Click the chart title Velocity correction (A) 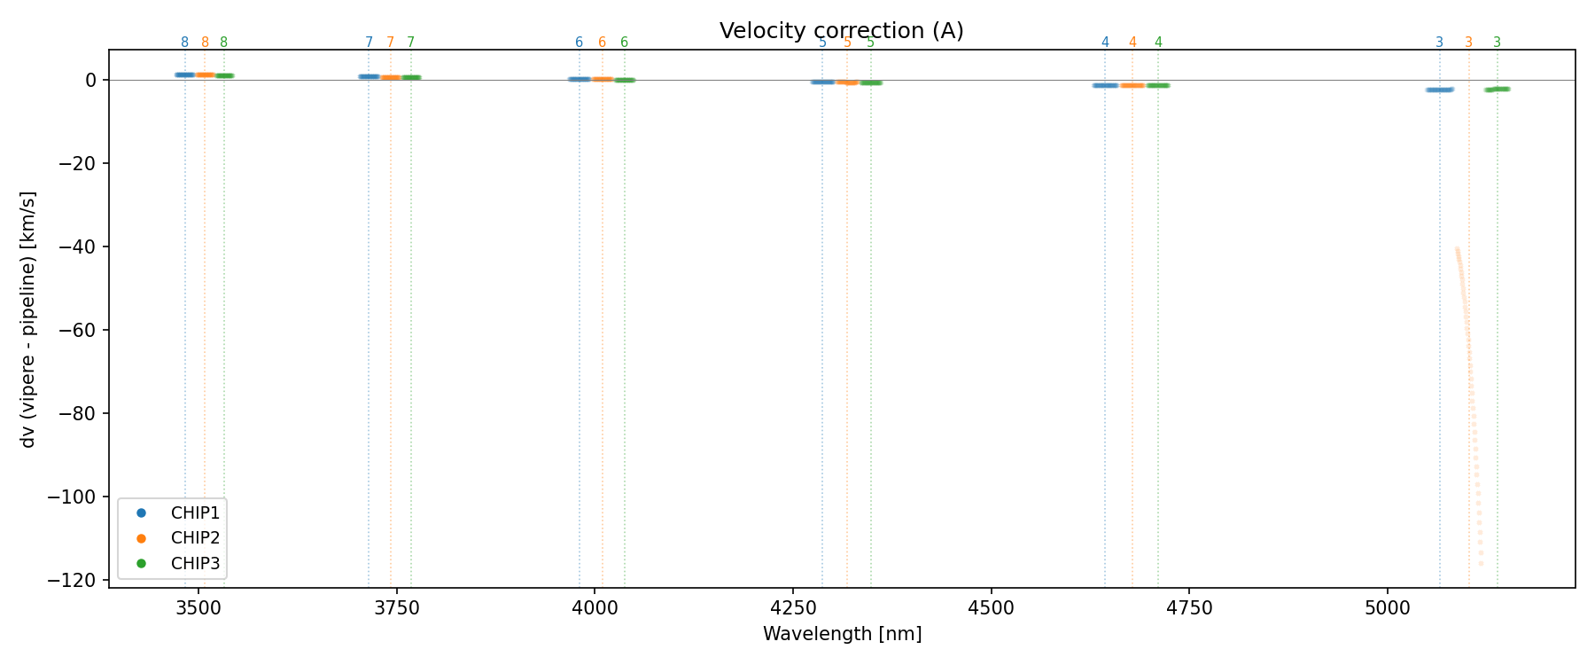pyautogui.click(x=841, y=31)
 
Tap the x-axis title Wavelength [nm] pyautogui.click(x=842, y=634)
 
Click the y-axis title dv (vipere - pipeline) pyautogui.click(x=28, y=319)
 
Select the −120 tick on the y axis pyautogui.click(x=77, y=580)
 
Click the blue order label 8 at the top pyautogui.click(x=184, y=43)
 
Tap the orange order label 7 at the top pyautogui.click(x=390, y=43)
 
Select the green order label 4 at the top pyautogui.click(x=1158, y=43)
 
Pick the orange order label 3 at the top pyautogui.click(x=1468, y=43)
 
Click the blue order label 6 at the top pyautogui.click(x=579, y=43)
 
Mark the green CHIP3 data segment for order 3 pyautogui.click(x=1498, y=89)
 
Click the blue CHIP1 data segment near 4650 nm pyautogui.click(x=1105, y=85)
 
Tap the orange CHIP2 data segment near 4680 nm pyautogui.click(x=1132, y=85)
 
